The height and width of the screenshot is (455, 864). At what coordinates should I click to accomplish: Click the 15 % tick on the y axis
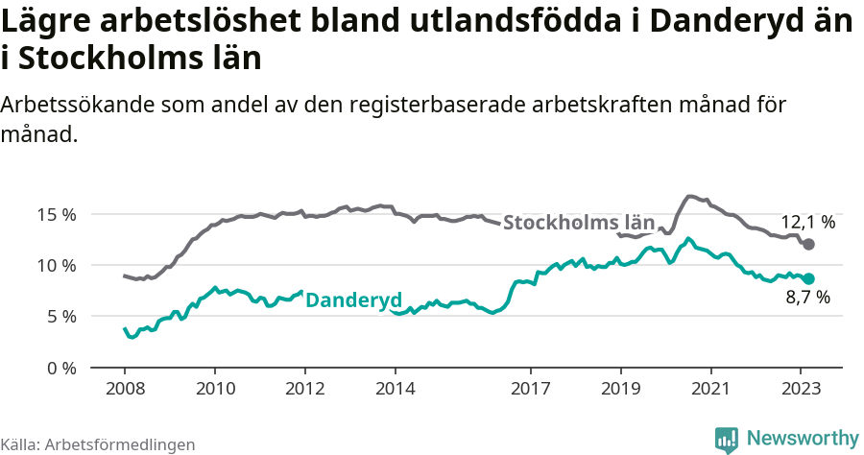[x=57, y=214]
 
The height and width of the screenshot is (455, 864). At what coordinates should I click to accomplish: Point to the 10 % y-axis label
[x=57, y=265]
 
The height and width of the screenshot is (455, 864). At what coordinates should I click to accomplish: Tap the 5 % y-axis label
[x=60, y=316]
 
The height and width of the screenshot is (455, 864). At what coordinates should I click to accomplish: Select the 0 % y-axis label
[x=60, y=368]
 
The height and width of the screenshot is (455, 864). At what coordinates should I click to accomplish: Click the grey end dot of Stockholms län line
[x=808, y=245]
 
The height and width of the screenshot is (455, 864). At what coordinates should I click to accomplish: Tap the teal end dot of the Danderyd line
[x=808, y=278]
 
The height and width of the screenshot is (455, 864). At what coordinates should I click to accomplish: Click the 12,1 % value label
[x=807, y=223]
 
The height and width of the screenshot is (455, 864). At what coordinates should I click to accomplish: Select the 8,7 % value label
[x=807, y=299]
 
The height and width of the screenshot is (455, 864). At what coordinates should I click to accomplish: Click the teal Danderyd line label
[x=352, y=299]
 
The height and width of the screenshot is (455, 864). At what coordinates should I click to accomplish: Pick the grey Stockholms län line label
[x=579, y=224]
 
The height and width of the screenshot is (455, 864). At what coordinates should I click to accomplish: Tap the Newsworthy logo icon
[x=727, y=439]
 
